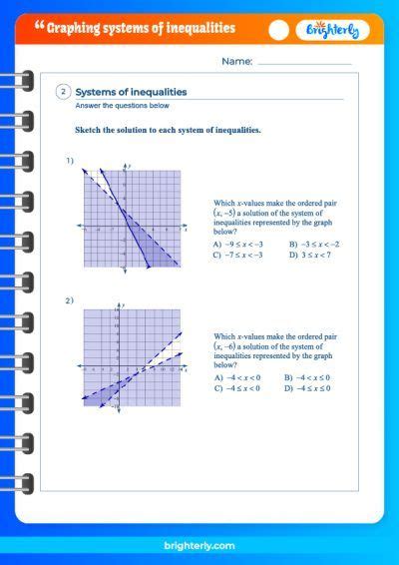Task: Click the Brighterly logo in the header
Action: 337,30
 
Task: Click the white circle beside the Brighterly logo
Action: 279,30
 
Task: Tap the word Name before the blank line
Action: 236,62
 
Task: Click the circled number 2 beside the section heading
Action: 63,92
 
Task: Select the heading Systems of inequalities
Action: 132,92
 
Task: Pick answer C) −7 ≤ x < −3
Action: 238,255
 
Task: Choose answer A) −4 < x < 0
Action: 237,377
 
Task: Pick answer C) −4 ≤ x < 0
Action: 237,387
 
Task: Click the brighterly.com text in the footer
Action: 199,546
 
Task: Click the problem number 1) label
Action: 70,160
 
